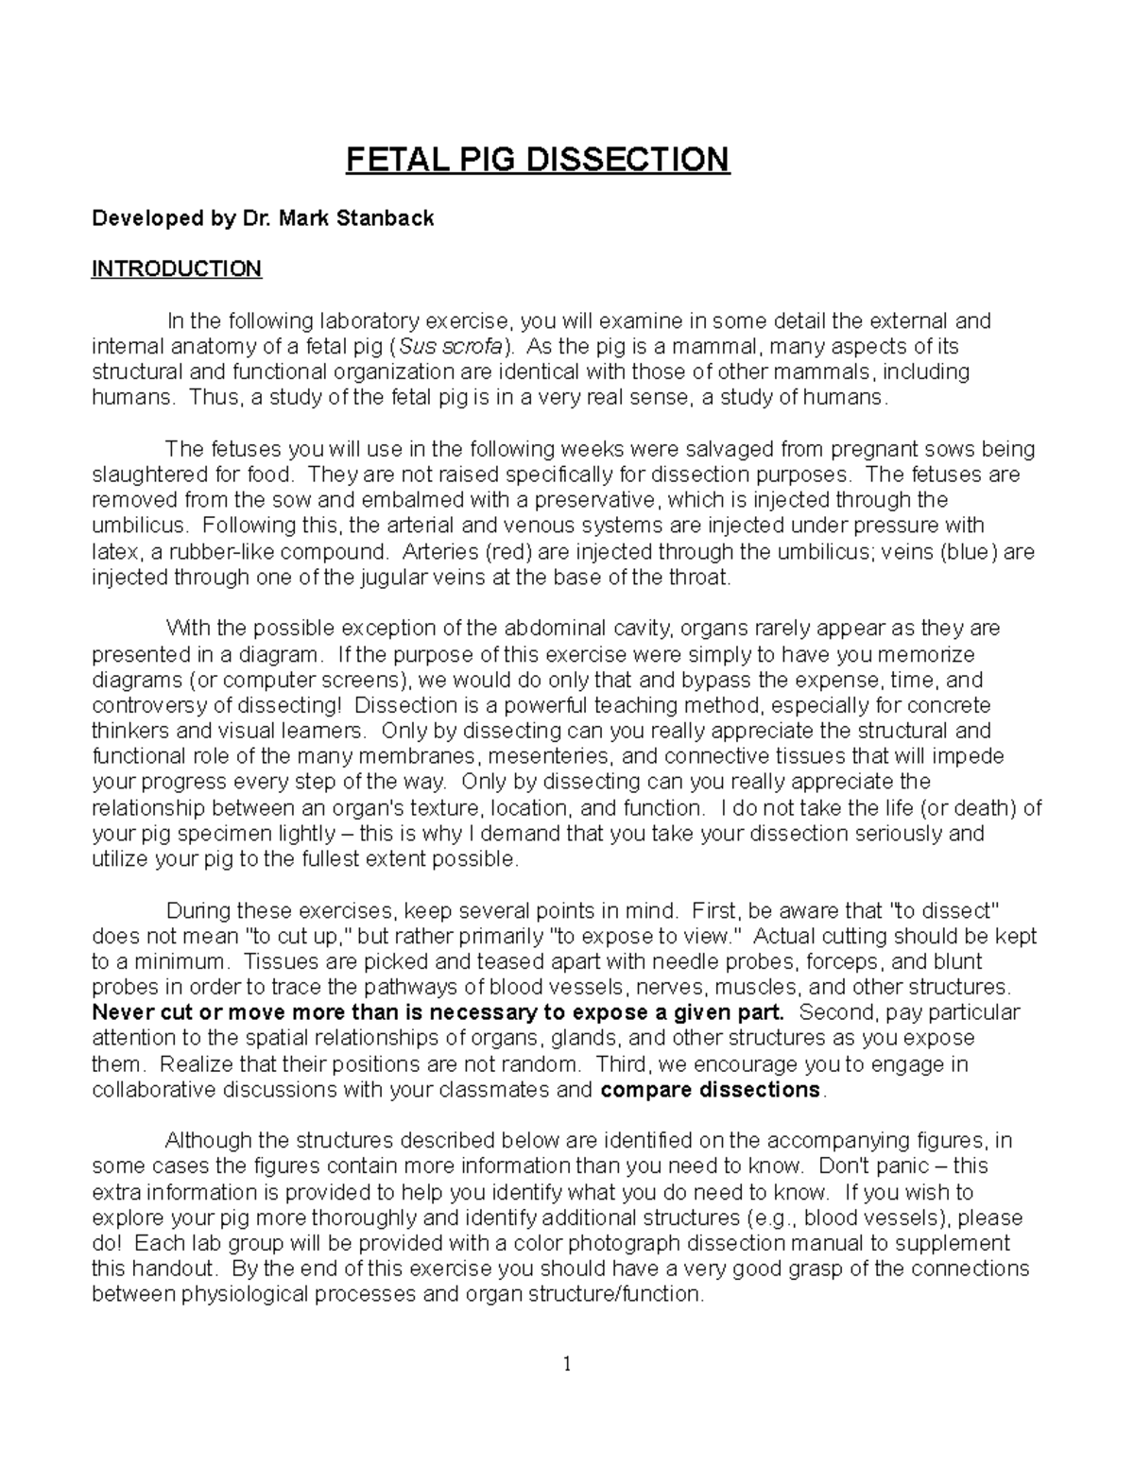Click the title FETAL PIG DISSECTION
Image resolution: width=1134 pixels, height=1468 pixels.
538,160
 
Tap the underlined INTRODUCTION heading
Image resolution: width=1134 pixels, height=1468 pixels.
176,269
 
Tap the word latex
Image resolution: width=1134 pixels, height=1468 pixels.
113,551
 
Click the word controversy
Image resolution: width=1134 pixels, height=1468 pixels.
150,705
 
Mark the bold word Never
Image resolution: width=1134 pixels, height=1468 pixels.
121,1012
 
